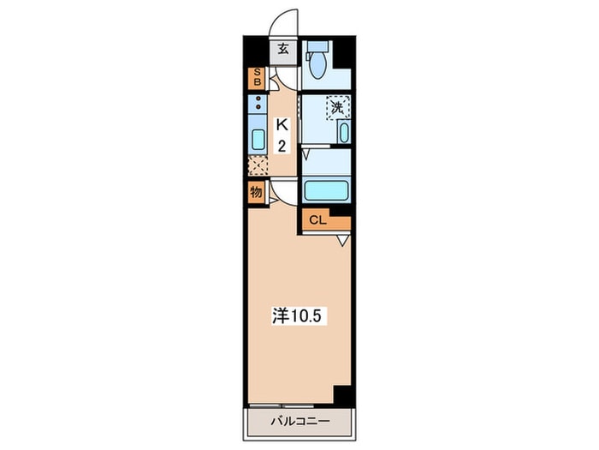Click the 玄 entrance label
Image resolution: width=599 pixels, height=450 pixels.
[283, 49]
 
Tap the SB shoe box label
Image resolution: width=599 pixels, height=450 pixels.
[257, 77]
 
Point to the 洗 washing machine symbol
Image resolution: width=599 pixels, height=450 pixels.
[338, 107]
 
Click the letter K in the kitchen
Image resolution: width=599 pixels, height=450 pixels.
[282, 125]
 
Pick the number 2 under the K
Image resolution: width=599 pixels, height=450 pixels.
[282, 146]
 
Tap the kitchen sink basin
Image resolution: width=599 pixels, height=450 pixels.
[258, 140]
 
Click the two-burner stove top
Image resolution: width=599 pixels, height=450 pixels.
[258, 104]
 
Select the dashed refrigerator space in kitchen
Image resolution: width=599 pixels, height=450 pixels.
[258, 165]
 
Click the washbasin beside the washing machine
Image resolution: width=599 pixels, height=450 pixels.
[344, 132]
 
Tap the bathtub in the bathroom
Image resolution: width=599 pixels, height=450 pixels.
[326, 190]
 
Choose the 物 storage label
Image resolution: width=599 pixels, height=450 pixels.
[257, 192]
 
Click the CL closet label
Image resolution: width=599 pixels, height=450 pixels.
[317, 220]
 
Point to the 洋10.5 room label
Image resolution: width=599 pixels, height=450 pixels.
[299, 316]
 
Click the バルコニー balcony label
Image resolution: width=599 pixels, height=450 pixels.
[300, 422]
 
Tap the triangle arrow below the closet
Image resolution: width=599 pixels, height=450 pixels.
[344, 240]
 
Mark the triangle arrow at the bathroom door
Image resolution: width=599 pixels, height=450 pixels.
[306, 154]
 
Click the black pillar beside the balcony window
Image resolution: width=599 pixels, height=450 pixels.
[342, 394]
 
